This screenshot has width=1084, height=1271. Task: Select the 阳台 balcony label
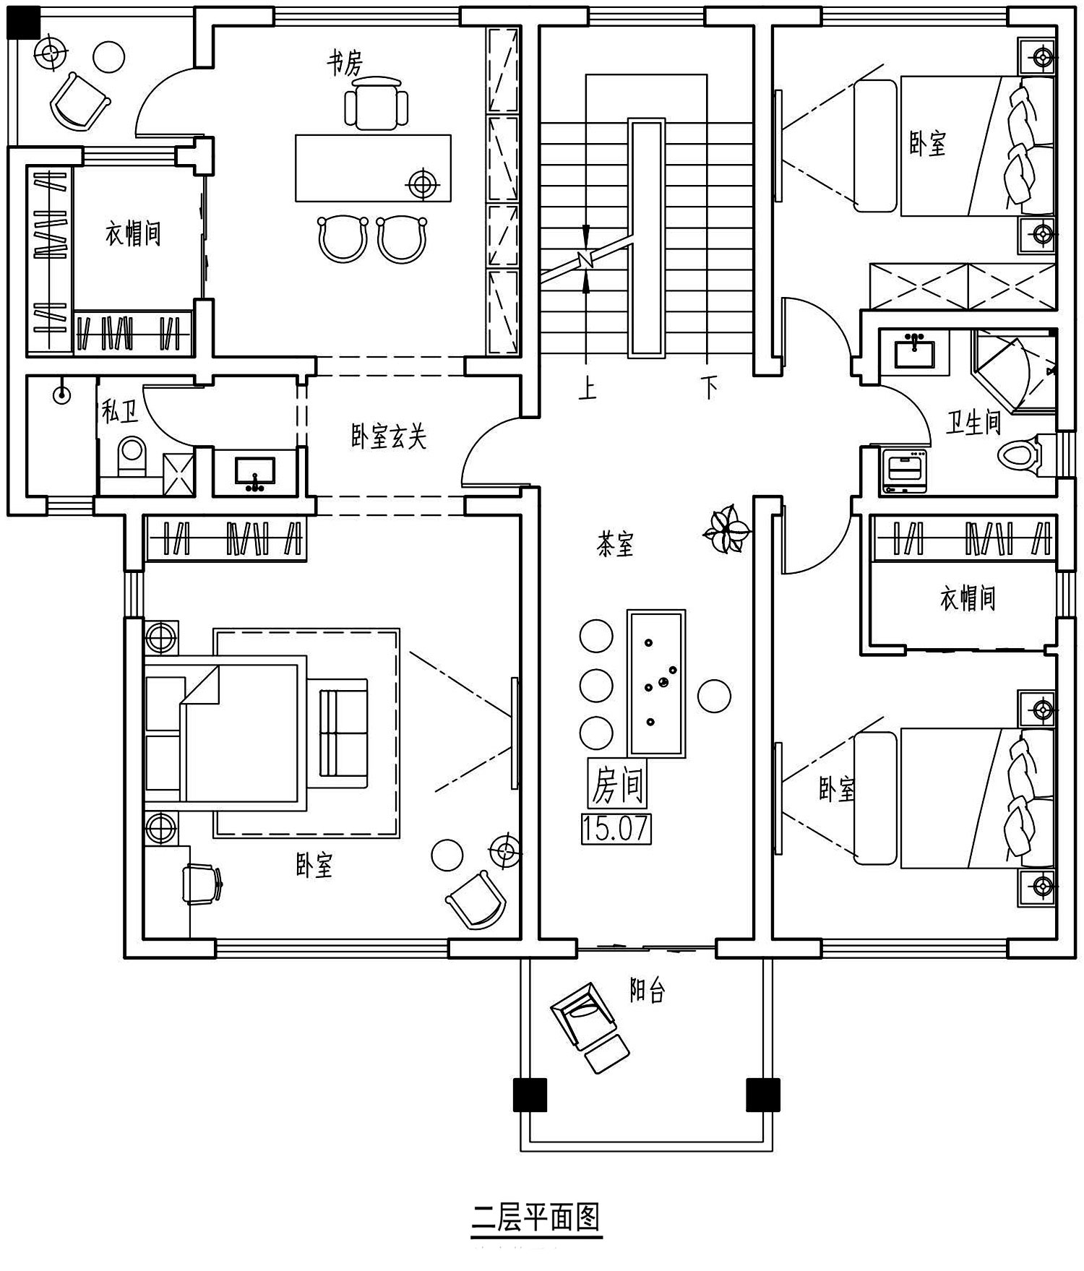click(x=647, y=991)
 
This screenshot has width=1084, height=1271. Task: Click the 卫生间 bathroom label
click(x=973, y=421)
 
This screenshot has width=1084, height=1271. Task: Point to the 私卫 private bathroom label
click(x=119, y=413)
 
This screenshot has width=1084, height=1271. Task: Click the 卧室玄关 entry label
click(x=389, y=436)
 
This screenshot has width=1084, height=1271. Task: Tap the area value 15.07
click(x=616, y=829)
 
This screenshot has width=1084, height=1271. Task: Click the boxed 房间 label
click(x=617, y=784)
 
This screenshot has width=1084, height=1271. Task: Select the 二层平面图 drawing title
click(x=536, y=1217)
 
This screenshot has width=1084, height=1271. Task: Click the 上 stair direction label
click(x=587, y=389)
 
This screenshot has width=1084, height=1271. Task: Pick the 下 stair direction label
click(x=710, y=389)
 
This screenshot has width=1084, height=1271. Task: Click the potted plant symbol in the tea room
click(x=724, y=530)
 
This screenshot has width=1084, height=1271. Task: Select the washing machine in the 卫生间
click(x=904, y=471)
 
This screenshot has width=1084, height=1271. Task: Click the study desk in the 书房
click(x=373, y=168)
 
